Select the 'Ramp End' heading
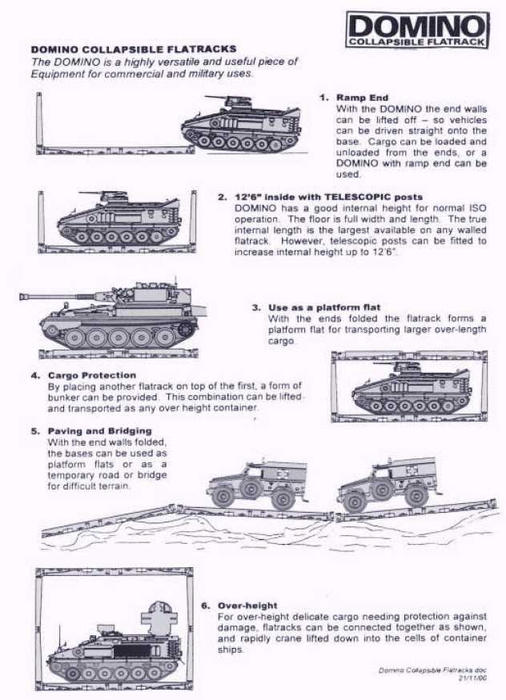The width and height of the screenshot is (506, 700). click(x=362, y=98)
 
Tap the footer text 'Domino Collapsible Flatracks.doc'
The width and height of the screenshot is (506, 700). click(x=432, y=669)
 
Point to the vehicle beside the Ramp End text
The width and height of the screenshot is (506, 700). click(x=243, y=125)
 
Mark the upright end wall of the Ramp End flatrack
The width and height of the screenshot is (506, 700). click(x=39, y=120)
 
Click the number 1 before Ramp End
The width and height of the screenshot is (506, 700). click(x=323, y=98)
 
